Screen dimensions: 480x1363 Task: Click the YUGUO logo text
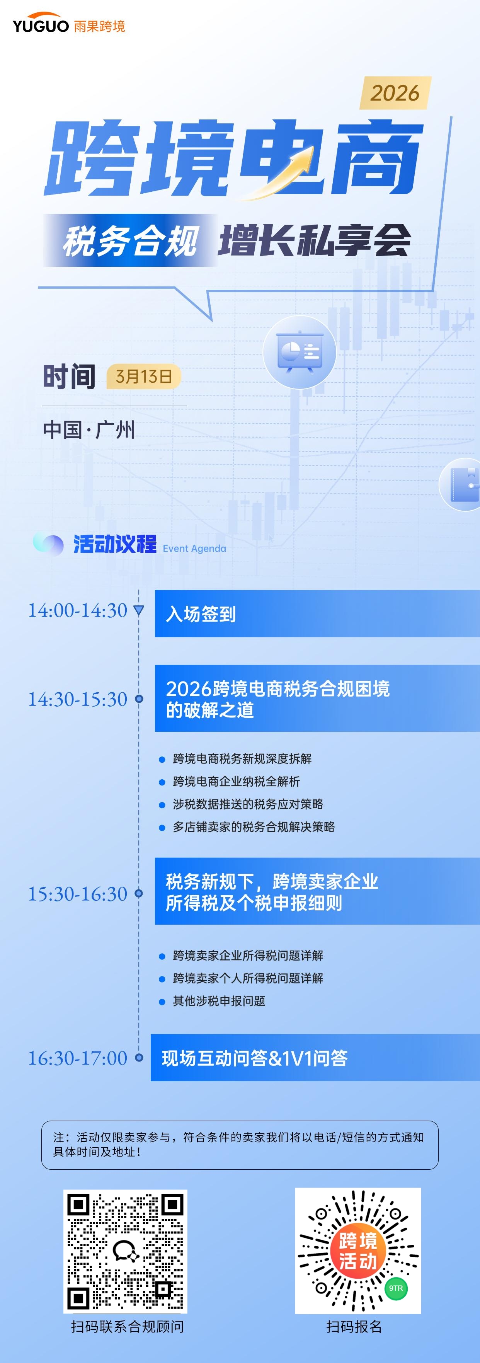41,26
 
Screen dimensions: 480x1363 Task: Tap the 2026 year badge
395,93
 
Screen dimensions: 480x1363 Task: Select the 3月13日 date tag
144,377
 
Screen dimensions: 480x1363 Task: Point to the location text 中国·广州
89,429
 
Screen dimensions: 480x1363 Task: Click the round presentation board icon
300,352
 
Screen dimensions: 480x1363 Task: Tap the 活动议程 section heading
115,544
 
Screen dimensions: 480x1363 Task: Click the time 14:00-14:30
77,611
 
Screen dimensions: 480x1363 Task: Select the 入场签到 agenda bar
317,614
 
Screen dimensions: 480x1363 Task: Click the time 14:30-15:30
77,700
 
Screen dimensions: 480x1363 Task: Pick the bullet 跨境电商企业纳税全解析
236,782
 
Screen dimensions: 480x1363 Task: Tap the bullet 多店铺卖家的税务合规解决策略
254,827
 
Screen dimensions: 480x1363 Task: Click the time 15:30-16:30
77,894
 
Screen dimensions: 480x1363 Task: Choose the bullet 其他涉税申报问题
219,1001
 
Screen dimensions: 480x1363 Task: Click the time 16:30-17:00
77,1058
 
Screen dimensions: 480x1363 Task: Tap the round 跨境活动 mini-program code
358,1251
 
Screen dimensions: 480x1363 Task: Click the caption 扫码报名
354,1327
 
